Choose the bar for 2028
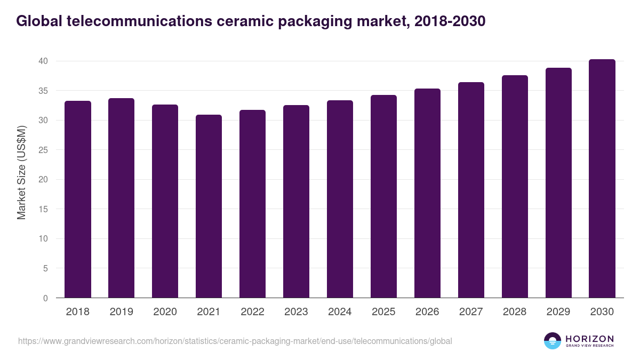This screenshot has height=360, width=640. coord(515,187)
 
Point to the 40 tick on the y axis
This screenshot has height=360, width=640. coord(43,61)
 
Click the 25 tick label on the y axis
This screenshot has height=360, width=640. coord(43,150)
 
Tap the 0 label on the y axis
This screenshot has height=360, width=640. coord(45,298)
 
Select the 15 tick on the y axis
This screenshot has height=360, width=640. coord(43,209)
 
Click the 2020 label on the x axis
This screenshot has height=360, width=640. coord(165,312)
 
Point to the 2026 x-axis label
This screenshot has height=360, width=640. coord(427,312)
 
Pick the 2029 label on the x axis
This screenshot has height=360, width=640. coord(558,312)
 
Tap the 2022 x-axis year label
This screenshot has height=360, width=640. coord(252,312)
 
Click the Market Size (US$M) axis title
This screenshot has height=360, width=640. coord(21,173)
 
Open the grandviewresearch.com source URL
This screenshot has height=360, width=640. coord(235,341)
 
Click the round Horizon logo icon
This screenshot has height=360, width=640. coord(553,341)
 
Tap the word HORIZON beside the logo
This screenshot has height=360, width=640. coord(589,338)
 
